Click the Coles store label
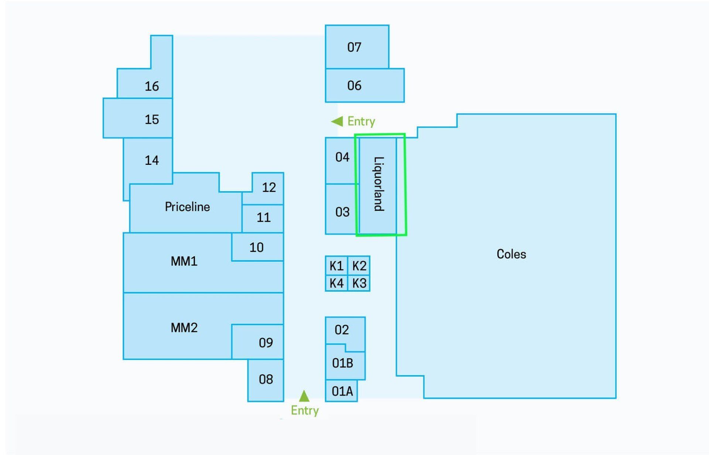tap(511, 254)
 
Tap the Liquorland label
tap(379, 184)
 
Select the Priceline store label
tap(187, 207)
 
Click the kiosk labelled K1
tap(336, 266)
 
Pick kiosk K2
tap(359, 266)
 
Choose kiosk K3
tap(359, 283)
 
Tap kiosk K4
tap(336, 283)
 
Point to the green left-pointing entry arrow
tap(337, 121)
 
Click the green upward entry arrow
tap(304, 396)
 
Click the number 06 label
tap(354, 86)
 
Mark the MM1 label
tap(184, 261)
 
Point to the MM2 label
tap(184, 327)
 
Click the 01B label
tap(342, 363)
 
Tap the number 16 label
tap(151, 86)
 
